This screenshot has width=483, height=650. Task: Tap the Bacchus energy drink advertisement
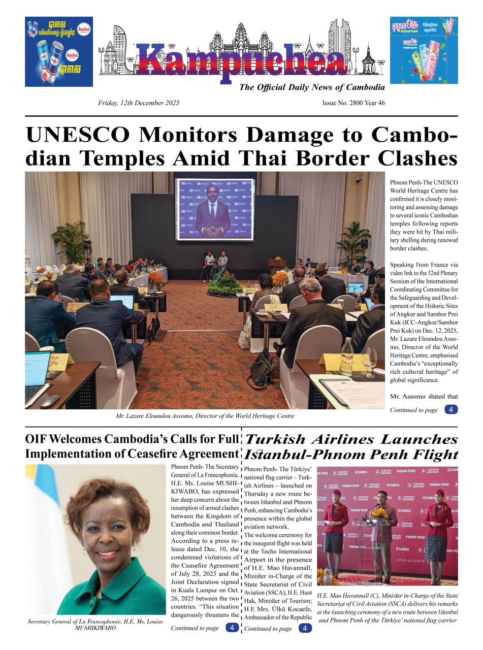(x=59, y=51)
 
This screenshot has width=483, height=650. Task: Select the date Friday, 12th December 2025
(x=139, y=103)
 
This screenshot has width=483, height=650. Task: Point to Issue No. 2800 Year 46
(x=353, y=103)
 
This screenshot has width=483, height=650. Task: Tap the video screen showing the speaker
(x=214, y=208)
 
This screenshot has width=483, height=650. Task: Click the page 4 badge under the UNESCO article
(x=450, y=409)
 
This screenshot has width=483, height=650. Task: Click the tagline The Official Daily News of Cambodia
(x=312, y=87)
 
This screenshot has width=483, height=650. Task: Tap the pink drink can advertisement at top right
(x=424, y=50)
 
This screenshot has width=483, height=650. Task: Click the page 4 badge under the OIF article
(x=232, y=628)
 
